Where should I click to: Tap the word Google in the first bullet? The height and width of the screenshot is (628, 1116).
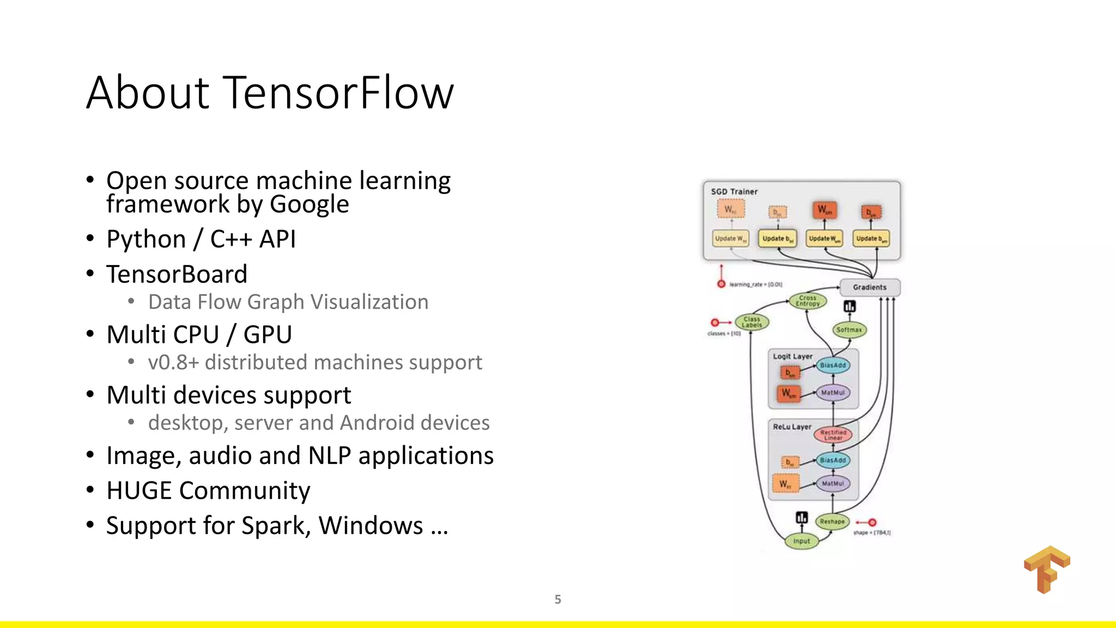(x=309, y=204)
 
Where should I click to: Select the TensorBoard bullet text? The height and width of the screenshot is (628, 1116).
(x=177, y=274)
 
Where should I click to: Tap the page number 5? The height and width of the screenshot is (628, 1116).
(x=557, y=599)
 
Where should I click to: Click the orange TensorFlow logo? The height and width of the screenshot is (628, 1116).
(x=1046, y=569)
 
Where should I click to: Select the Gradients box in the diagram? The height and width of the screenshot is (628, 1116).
(x=870, y=287)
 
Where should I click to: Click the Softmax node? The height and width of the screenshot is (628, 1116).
(x=849, y=330)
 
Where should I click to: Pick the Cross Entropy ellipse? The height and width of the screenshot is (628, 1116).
(x=808, y=301)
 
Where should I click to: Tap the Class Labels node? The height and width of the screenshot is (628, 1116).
(x=751, y=322)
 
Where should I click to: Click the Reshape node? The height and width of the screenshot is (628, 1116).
(x=832, y=522)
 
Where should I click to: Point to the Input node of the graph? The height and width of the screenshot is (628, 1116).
(x=801, y=541)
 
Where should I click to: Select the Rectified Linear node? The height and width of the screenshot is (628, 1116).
(x=833, y=434)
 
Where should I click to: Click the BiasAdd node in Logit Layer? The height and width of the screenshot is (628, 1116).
(x=833, y=365)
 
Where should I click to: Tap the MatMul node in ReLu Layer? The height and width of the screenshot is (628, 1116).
(x=833, y=484)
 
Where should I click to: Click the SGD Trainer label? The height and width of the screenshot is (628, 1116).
(x=734, y=192)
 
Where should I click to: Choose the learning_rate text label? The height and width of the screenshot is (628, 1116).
(x=756, y=285)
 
